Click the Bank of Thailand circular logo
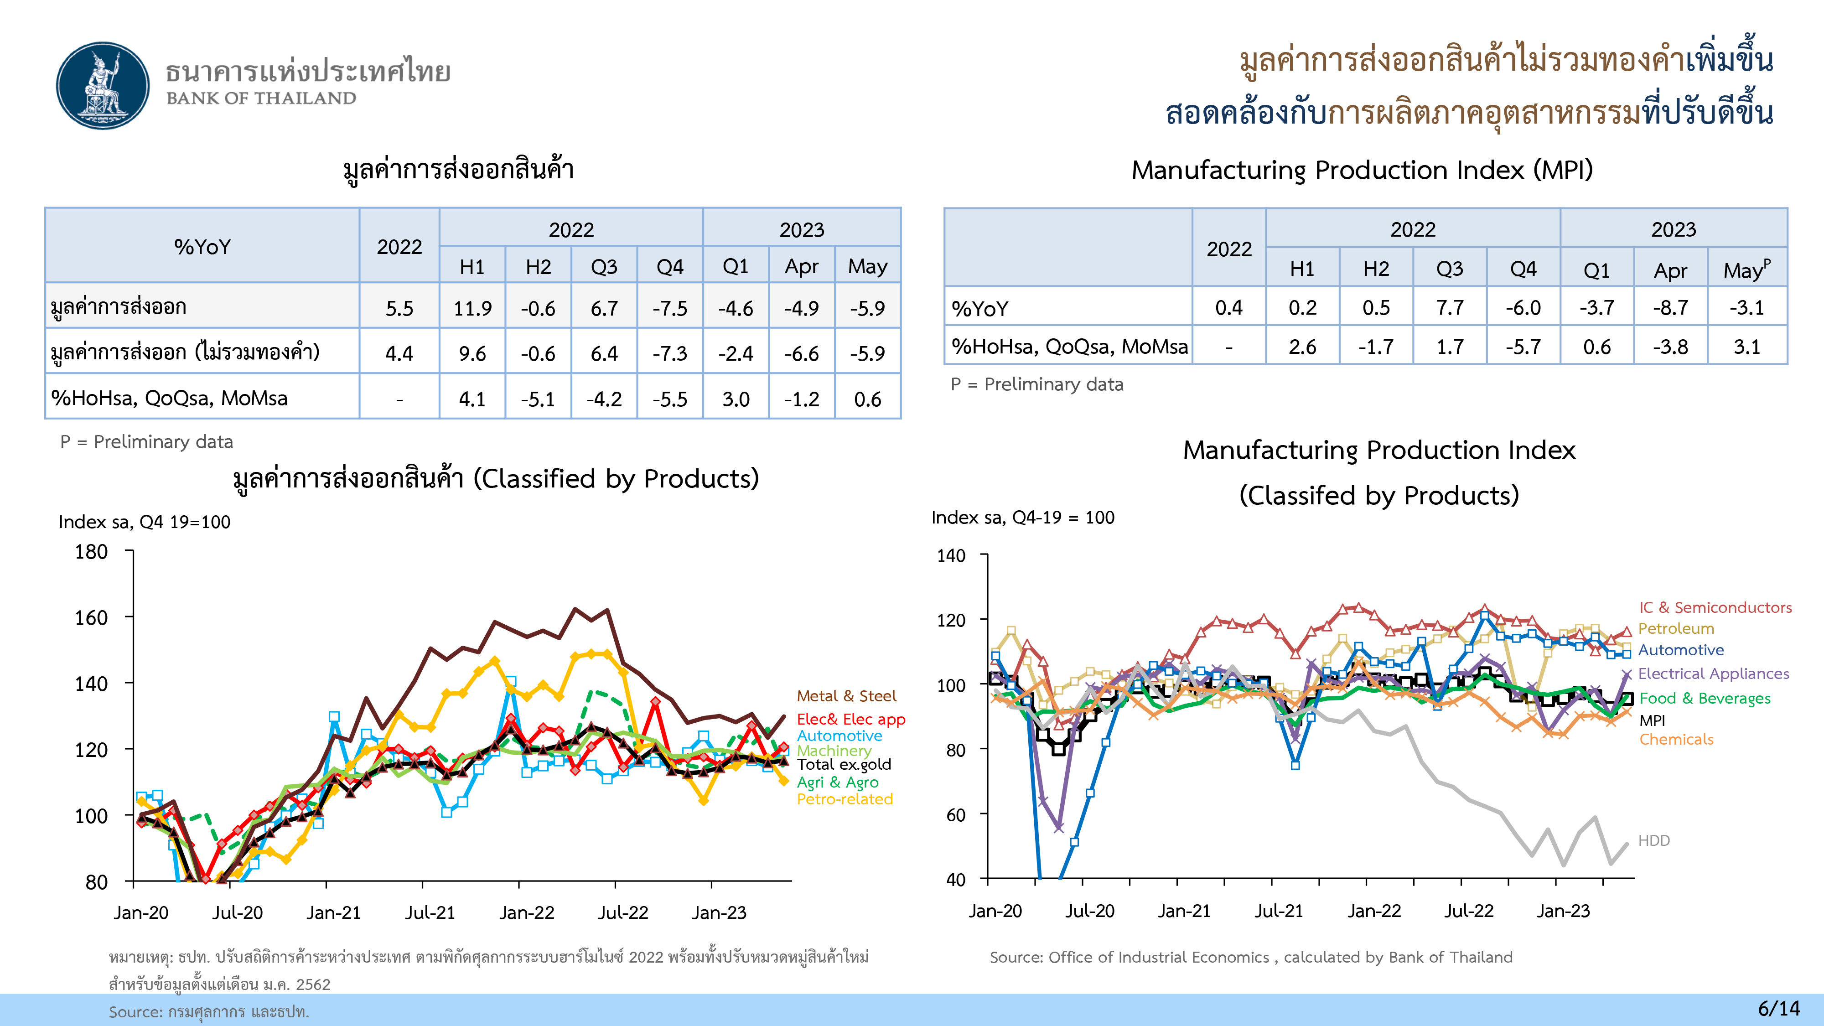click(x=104, y=86)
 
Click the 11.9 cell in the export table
click(x=472, y=308)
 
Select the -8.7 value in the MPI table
click(x=1670, y=307)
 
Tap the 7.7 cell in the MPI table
click(x=1450, y=307)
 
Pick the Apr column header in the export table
click(x=802, y=266)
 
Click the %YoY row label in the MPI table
click(x=979, y=309)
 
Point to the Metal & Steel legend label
click(x=846, y=696)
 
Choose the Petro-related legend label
click(x=845, y=799)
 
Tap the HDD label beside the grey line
click(x=1654, y=840)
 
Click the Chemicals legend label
click(x=1676, y=739)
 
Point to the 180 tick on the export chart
click(x=91, y=552)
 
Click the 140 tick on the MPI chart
click(x=951, y=556)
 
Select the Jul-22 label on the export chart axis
click(x=623, y=913)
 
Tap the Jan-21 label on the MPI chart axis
click(x=1184, y=911)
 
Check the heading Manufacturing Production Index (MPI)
click(x=1362, y=170)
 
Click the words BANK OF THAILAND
click(x=261, y=98)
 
